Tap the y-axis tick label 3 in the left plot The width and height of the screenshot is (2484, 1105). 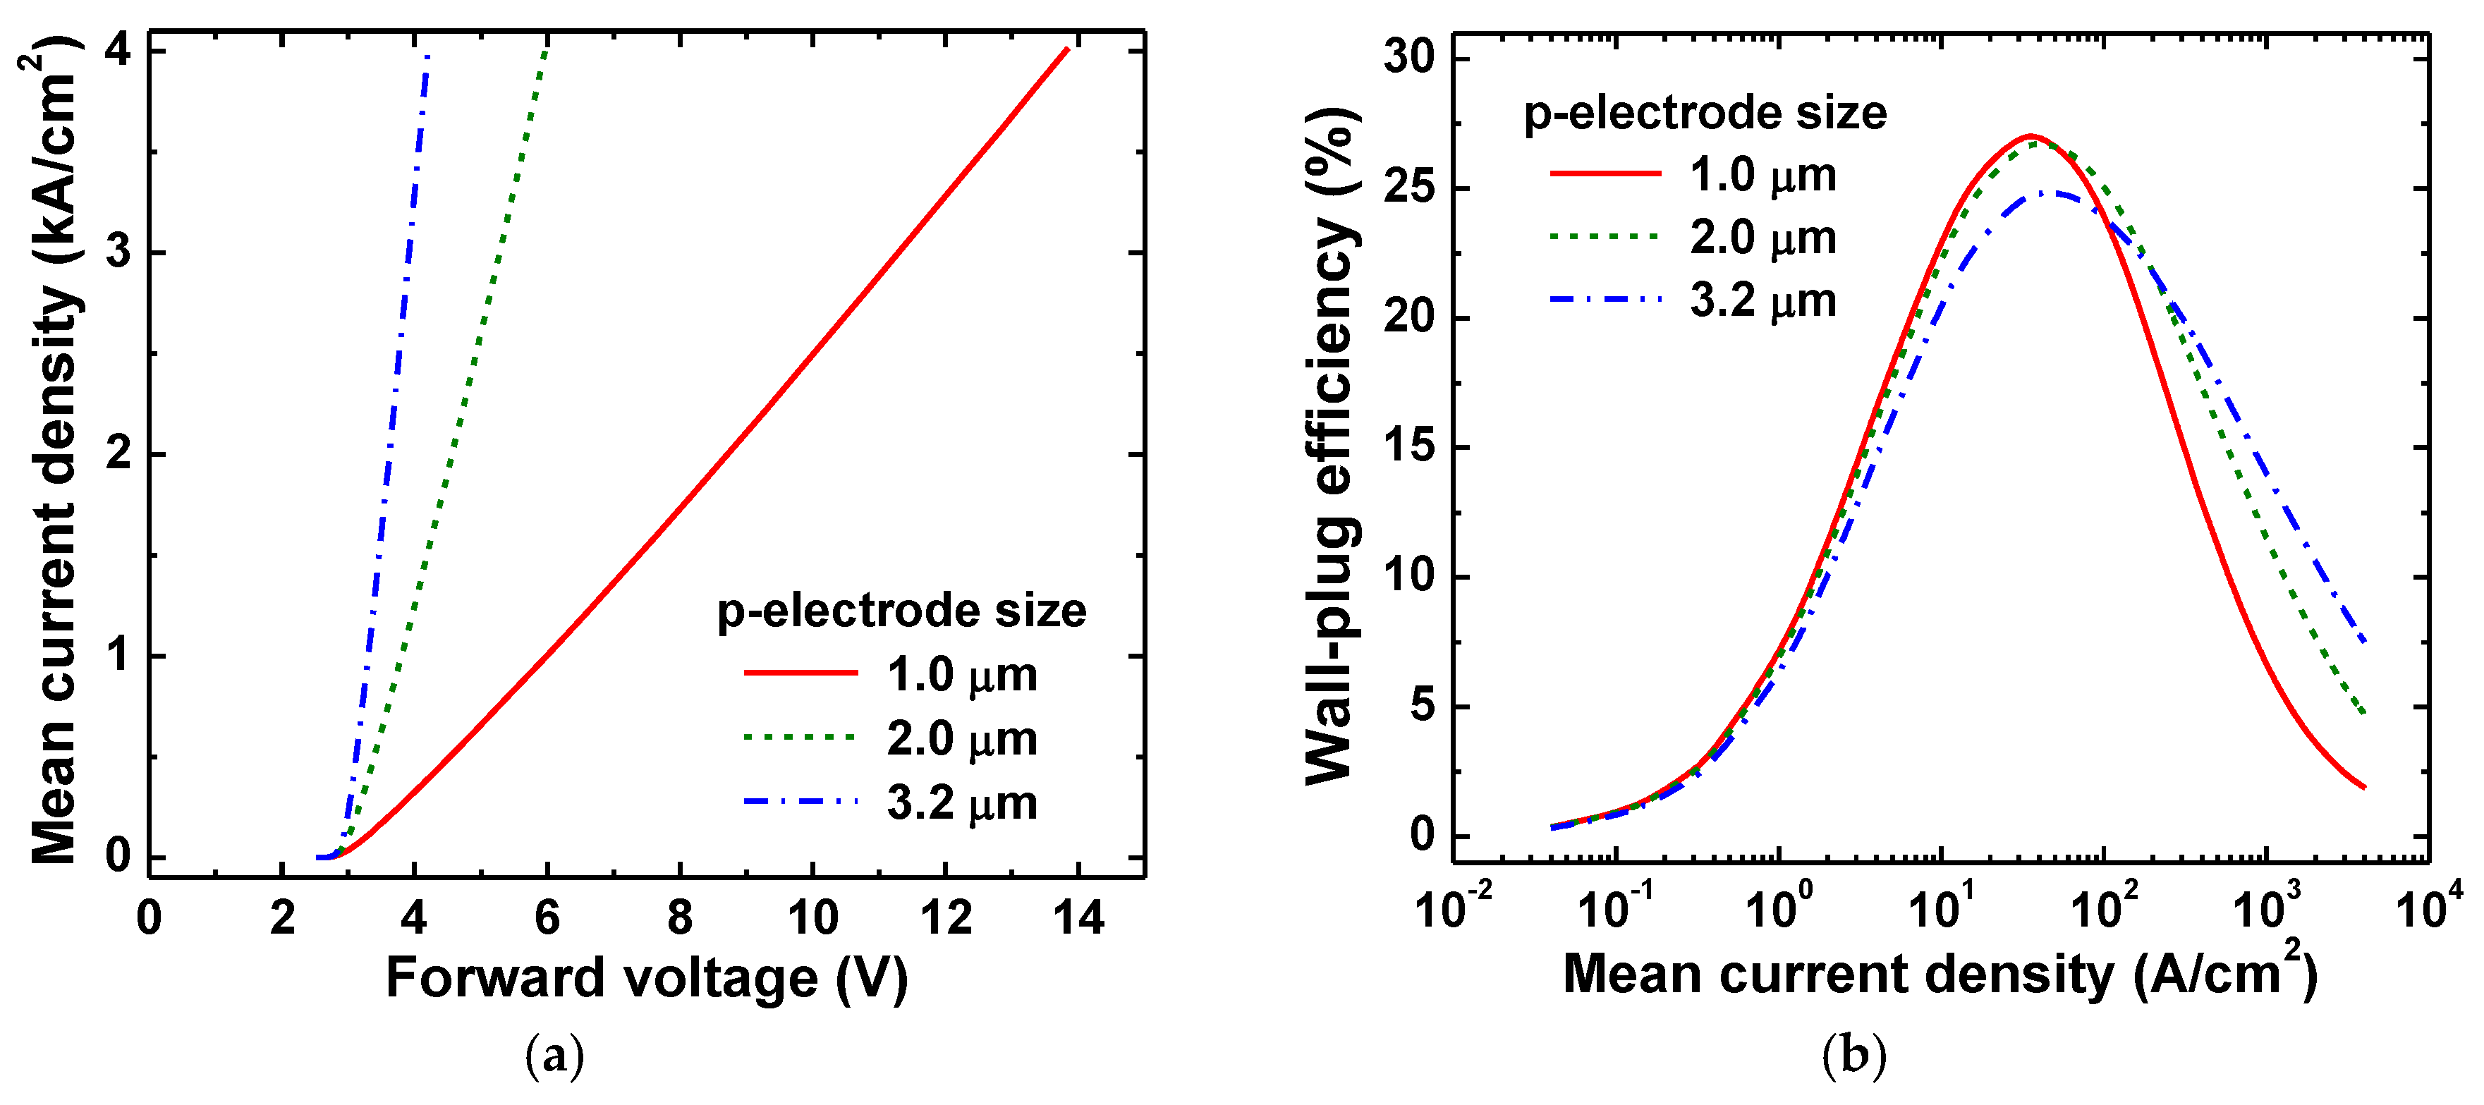[x=118, y=252]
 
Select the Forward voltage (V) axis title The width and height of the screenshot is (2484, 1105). [x=647, y=979]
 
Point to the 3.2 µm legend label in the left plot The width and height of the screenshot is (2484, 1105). [x=961, y=803]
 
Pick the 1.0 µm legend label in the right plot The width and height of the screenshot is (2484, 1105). [x=1762, y=176]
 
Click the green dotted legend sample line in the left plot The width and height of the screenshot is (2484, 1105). [x=799, y=738]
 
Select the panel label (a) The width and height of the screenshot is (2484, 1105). [x=554, y=1058]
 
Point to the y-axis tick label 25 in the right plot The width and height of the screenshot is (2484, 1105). [x=1409, y=188]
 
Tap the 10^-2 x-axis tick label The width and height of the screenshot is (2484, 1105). [x=1453, y=906]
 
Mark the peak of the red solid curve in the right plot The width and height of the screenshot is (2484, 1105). [x=2031, y=136]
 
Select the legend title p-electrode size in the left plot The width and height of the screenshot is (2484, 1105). [x=901, y=611]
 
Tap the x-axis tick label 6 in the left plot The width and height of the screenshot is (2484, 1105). [x=547, y=918]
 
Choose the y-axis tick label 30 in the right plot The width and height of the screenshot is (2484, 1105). [x=1409, y=58]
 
